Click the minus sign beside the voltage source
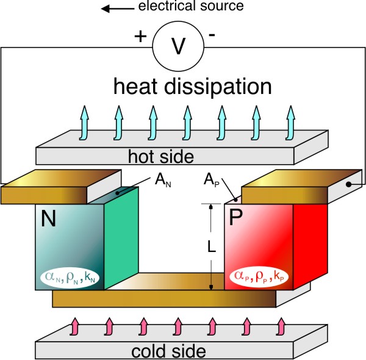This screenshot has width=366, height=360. (x=211, y=35)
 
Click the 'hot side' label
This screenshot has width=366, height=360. (x=162, y=157)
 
